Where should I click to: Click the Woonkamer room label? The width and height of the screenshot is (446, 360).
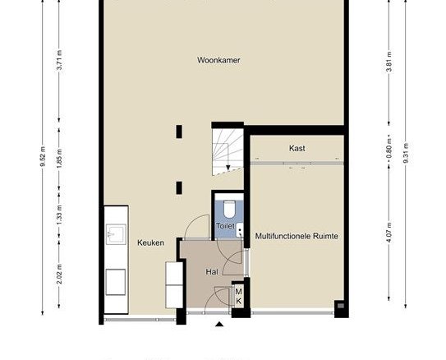(x=218, y=60)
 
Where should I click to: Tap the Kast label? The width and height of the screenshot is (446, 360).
(x=297, y=148)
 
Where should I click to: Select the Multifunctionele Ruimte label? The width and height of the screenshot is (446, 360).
(x=297, y=236)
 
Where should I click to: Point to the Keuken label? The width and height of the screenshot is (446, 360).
(x=150, y=242)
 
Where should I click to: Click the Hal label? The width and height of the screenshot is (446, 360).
(x=212, y=272)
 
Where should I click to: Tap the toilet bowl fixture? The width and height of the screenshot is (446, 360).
(x=229, y=209)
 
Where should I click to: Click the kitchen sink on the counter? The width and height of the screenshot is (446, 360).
(x=116, y=234)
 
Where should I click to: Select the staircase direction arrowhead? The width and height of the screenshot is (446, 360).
(x=228, y=168)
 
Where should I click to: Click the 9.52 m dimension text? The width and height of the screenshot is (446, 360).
(x=43, y=157)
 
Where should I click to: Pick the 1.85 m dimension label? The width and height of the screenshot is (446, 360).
(x=59, y=158)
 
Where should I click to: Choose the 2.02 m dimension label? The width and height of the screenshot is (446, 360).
(x=59, y=274)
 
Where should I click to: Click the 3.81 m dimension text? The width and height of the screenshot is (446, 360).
(x=389, y=62)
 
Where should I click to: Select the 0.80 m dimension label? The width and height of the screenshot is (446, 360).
(x=389, y=148)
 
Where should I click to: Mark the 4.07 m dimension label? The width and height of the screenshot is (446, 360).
(x=389, y=233)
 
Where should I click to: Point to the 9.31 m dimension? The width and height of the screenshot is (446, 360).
(x=406, y=153)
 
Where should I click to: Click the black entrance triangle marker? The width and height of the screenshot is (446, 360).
(x=218, y=324)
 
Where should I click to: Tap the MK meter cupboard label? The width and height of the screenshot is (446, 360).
(x=239, y=296)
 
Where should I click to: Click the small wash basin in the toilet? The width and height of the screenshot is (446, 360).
(x=240, y=230)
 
